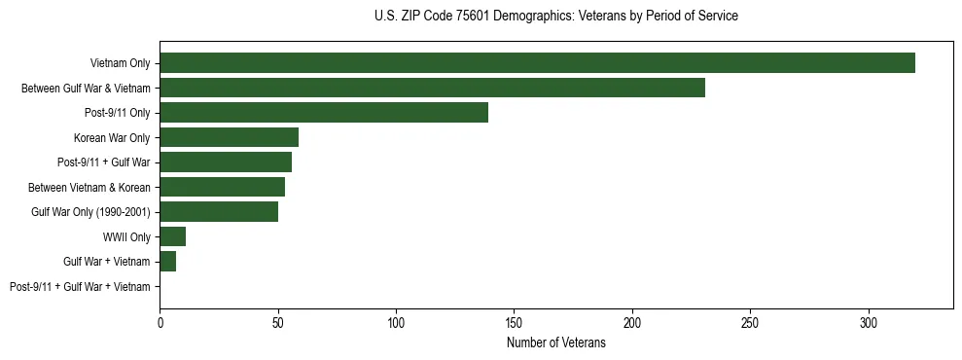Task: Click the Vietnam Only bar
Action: pyautogui.click(x=537, y=63)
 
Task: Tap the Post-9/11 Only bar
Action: pyautogui.click(x=324, y=113)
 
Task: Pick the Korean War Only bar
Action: pyautogui.click(x=229, y=137)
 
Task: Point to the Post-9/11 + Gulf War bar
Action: pyautogui.click(x=226, y=162)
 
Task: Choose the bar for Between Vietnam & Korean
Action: pyautogui.click(x=222, y=187)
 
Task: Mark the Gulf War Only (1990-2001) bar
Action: pyautogui.click(x=219, y=212)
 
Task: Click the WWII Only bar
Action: pyautogui.click(x=173, y=236)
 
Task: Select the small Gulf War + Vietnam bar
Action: pyautogui.click(x=168, y=262)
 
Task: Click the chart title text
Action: pyautogui.click(x=555, y=17)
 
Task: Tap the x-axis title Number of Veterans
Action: pyautogui.click(x=555, y=343)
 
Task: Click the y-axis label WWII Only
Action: pyautogui.click(x=126, y=236)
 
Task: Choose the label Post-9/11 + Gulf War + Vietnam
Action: pyautogui.click(x=80, y=287)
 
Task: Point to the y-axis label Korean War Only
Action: pyautogui.click(x=112, y=137)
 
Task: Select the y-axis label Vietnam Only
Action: pyautogui.click(x=120, y=63)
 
